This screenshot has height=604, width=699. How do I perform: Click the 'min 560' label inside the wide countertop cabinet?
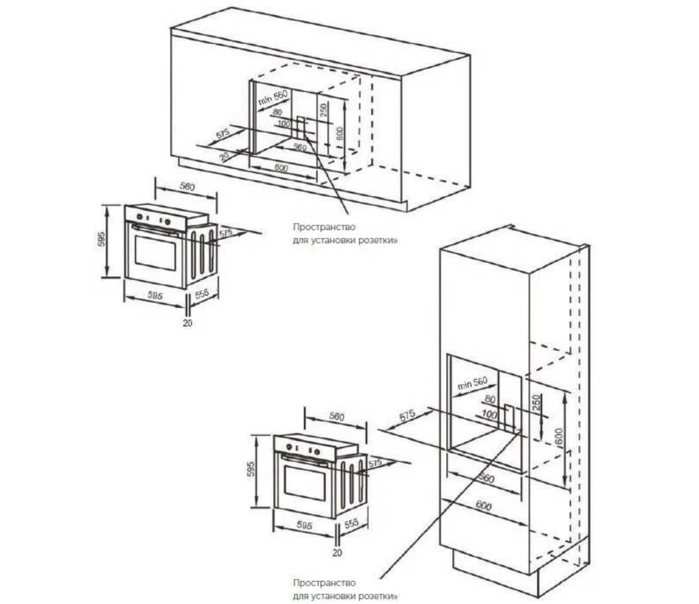(273, 100)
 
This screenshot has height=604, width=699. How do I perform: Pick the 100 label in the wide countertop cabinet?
(284, 124)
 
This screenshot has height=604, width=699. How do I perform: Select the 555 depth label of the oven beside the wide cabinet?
(202, 294)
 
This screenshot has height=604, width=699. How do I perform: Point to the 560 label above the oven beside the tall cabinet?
(336, 417)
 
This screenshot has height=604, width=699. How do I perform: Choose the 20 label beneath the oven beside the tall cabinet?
(338, 553)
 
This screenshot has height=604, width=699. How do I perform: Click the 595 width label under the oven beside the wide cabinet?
(155, 296)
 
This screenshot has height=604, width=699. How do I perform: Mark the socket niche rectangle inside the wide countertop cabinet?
(302, 129)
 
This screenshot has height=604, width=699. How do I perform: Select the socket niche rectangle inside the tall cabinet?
(510, 417)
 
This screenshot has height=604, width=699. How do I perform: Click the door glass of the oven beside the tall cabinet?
(304, 485)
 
